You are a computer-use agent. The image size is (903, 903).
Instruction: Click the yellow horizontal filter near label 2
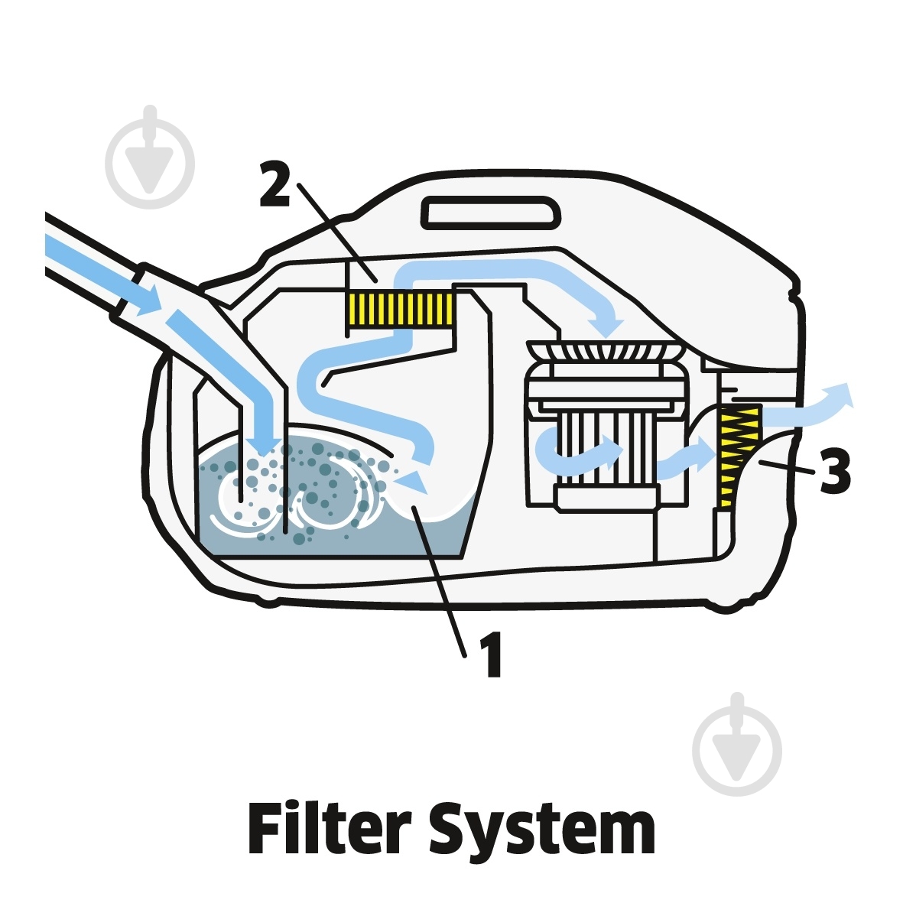[399, 310]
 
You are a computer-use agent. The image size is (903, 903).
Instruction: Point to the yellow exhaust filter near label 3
[737, 455]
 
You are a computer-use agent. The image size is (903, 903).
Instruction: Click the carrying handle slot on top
[491, 213]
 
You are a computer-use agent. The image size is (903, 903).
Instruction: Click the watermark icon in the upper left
[150, 158]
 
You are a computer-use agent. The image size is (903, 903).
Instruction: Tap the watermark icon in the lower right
[737, 745]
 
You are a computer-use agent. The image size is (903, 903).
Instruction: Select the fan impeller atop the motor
[606, 351]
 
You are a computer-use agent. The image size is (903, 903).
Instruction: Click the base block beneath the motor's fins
[607, 498]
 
